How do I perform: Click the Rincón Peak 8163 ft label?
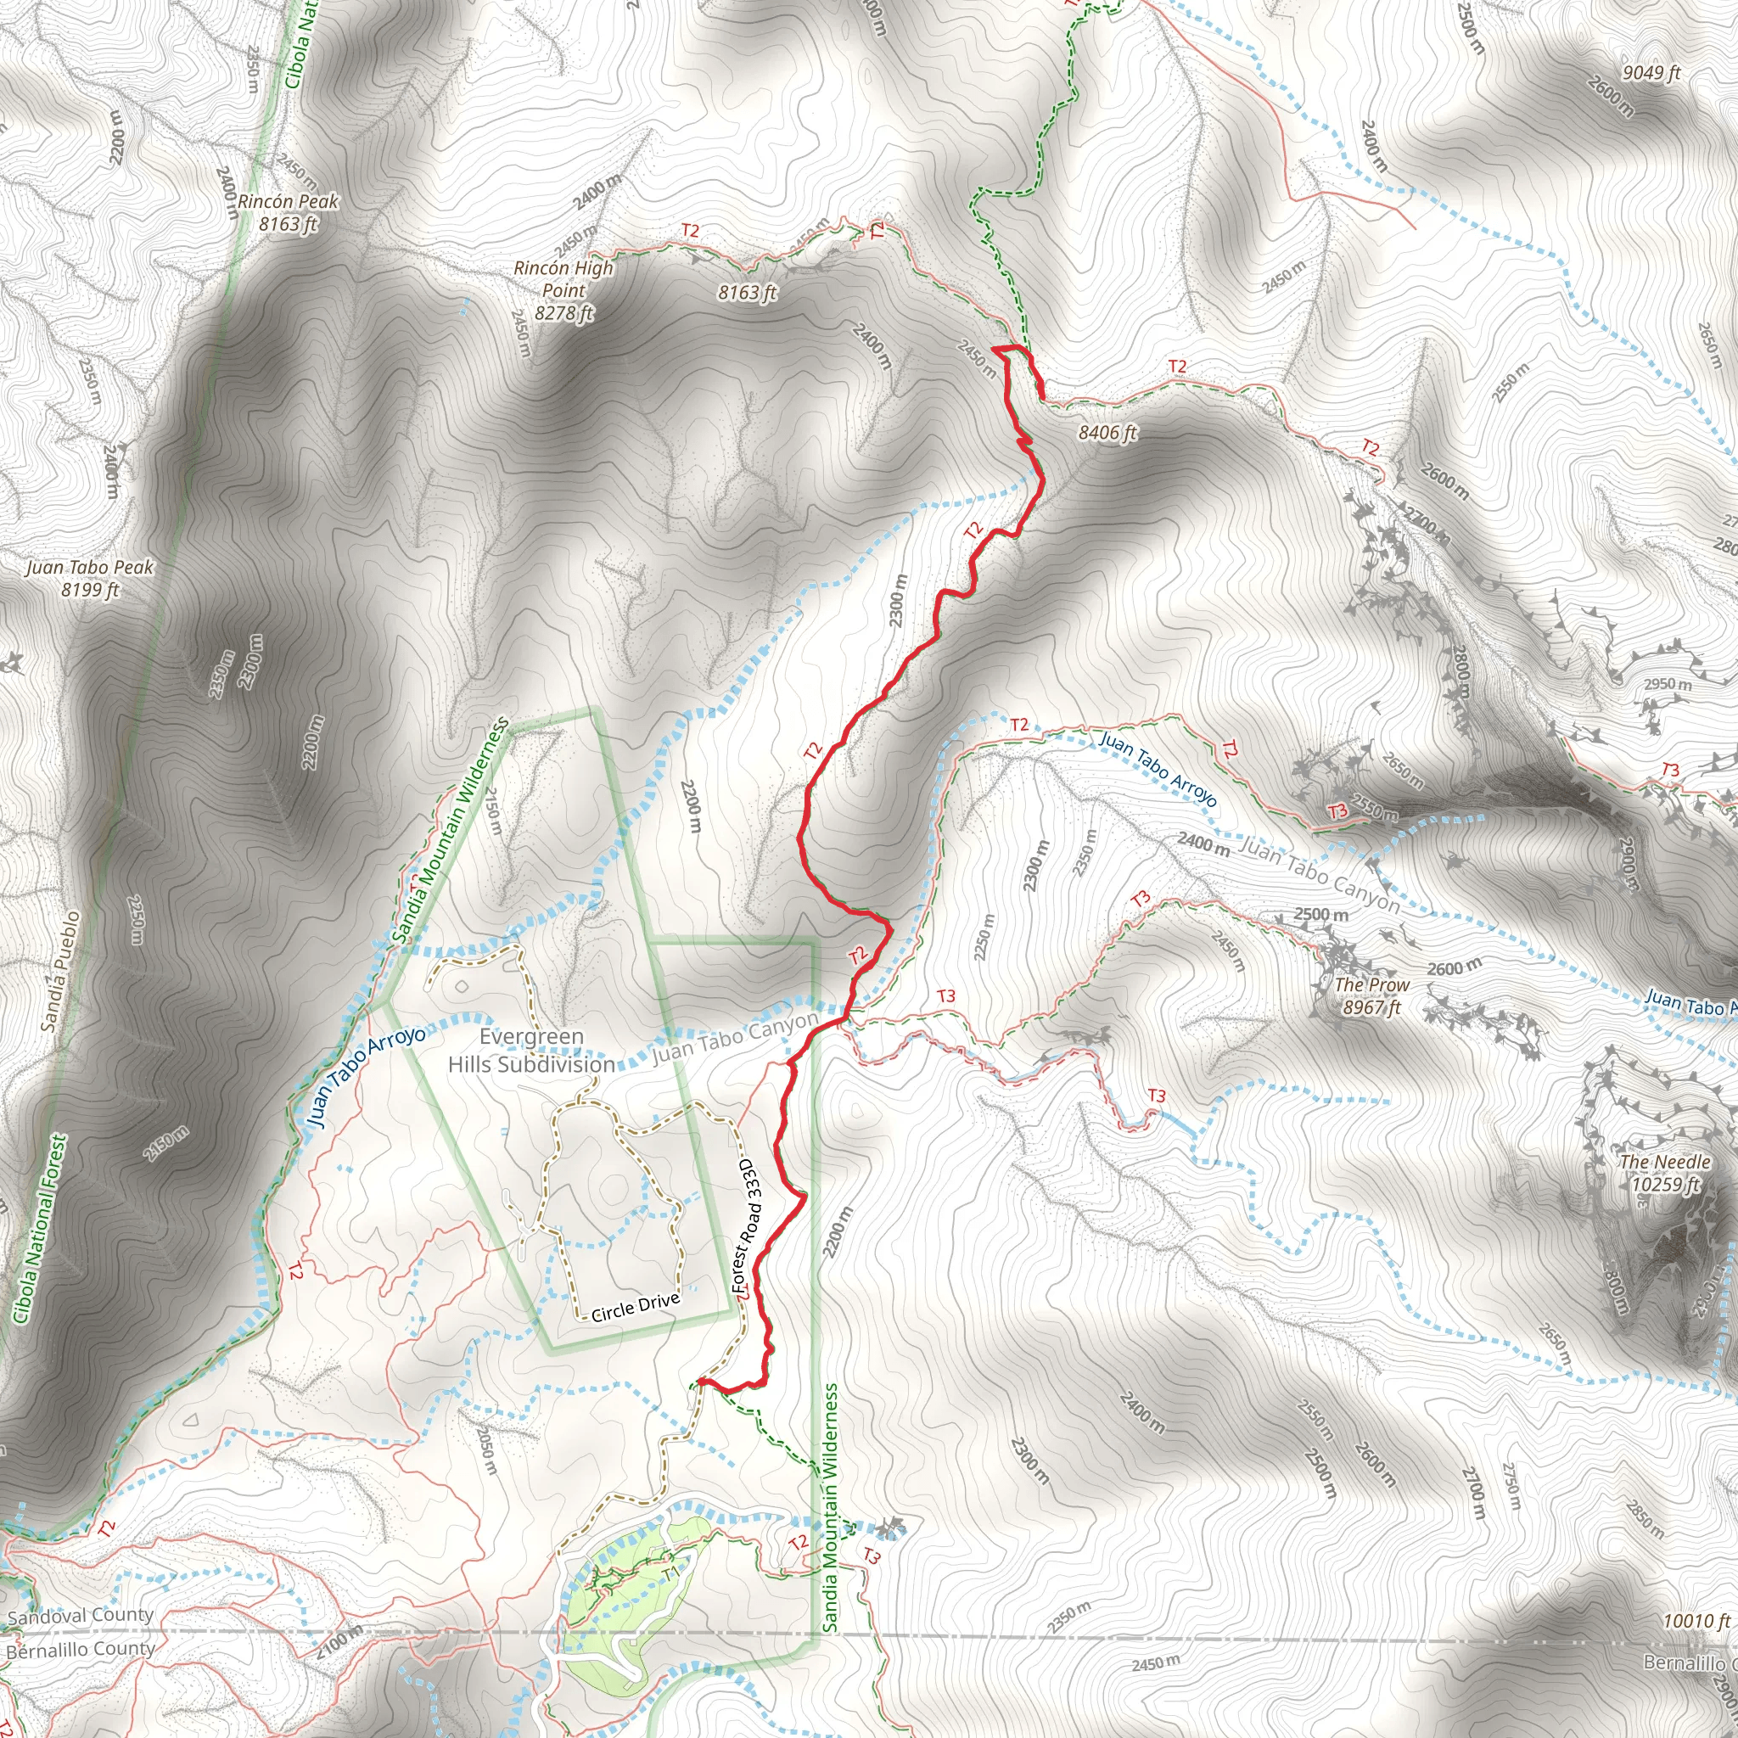click(x=288, y=212)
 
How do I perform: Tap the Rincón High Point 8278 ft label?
click(x=564, y=289)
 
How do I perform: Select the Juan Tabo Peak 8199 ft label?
click(x=89, y=579)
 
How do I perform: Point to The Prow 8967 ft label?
click(x=1372, y=995)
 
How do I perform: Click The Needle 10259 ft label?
click(x=1665, y=1173)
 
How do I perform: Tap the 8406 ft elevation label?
click(x=1107, y=433)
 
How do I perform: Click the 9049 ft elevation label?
click(x=1651, y=73)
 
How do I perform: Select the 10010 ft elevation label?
click(x=1696, y=1621)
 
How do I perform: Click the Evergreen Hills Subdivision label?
click(x=531, y=1051)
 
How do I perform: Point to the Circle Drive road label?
click(x=635, y=1309)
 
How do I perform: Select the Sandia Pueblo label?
click(x=61, y=971)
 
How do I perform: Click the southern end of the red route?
click(x=699, y=1381)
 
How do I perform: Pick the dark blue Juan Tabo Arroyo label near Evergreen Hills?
click(x=365, y=1076)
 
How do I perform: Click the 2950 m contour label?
click(x=1668, y=685)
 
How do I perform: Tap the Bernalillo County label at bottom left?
click(x=81, y=1650)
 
